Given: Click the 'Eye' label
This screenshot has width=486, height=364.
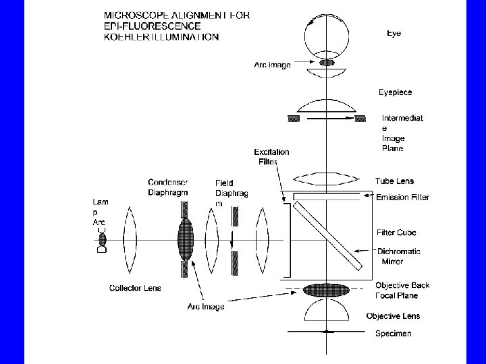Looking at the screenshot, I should click(x=394, y=33).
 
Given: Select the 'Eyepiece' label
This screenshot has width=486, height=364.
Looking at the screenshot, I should click(x=396, y=92).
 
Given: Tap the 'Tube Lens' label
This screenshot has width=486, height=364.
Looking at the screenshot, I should click(x=394, y=181).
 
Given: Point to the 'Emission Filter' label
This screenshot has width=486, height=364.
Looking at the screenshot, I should click(x=402, y=198).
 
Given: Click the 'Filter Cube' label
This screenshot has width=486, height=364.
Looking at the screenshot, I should click(x=396, y=233).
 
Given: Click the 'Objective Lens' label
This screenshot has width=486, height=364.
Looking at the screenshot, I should click(x=393, y=316).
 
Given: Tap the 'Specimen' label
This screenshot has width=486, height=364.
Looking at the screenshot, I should click(x=393, y=334).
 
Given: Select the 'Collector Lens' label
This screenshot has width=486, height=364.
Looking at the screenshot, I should click(x=135, y=289).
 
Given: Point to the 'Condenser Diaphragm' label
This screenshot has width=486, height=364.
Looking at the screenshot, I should click(x=168, y=187).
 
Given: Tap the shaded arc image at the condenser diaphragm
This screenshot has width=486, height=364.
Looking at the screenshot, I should click(x=185, y=239).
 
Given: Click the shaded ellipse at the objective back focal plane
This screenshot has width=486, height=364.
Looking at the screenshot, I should click(x=327, y=291).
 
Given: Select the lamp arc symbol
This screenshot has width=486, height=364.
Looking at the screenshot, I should click(x=102, y=239).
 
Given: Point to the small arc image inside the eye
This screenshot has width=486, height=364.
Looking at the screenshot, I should click(x=327, y=63).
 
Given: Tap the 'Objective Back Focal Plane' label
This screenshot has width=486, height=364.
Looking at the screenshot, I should click(x=402, y=291).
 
